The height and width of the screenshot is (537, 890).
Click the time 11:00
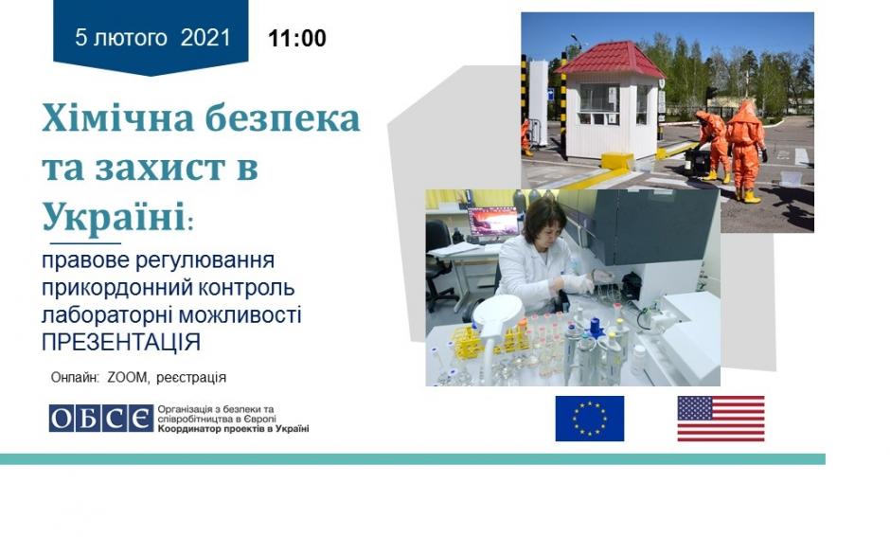click(297, 39)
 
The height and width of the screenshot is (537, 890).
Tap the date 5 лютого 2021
click(152, 38)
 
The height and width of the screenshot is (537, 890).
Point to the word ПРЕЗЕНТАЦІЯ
click(121, 342)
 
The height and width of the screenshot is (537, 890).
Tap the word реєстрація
click(190, 378)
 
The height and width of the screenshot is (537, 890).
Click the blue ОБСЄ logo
click(100, 419)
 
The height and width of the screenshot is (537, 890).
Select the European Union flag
click(590, 419)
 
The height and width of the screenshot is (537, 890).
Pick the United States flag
click(721, 419)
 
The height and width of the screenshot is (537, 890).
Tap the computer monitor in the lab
click(492, 222)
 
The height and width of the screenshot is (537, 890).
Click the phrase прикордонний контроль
click(168, 287)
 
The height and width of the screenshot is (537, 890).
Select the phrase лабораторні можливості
click(171, 315)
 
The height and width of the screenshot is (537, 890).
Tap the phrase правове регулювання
click(158, 260)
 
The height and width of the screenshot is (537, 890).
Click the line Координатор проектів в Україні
click(233, 429)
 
